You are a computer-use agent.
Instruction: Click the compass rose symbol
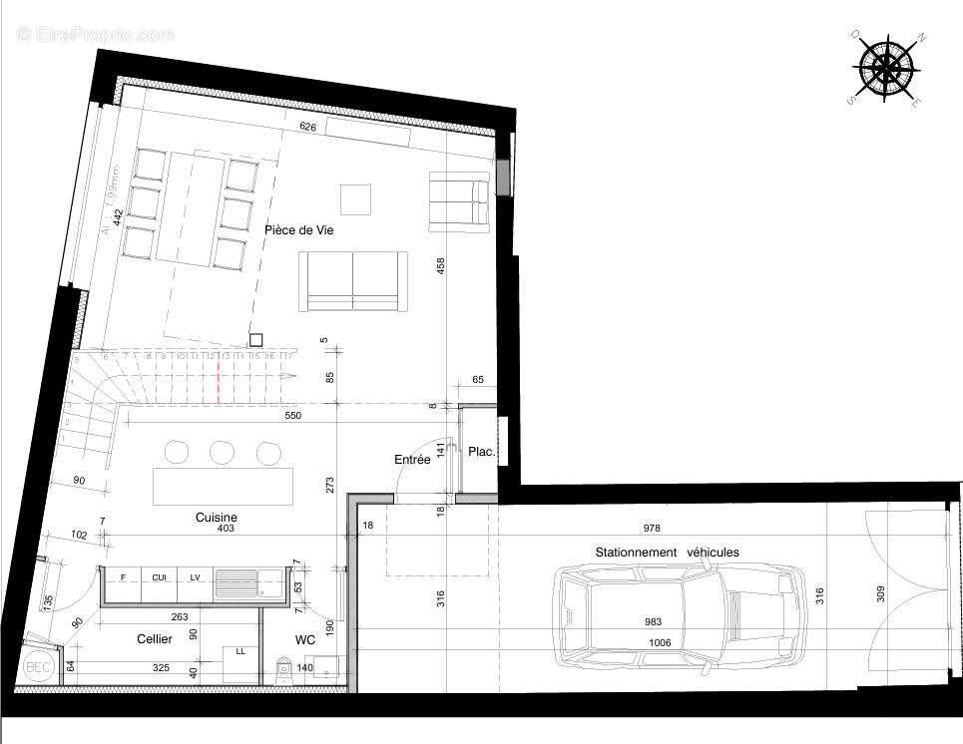[x=885, y=68]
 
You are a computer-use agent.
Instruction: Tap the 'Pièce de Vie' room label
[x=298, y=230]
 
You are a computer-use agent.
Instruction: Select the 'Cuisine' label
[x=216, y=518]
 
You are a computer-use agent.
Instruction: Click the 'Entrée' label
[x=412, y=460]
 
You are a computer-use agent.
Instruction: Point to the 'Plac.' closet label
[x=482, y=452]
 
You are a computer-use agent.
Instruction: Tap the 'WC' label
[x=304, y=638]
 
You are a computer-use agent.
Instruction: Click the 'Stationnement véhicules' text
[x=667, y=552]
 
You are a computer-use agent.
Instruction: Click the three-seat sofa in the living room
[x=353, y=281]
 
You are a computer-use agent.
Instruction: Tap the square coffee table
[x=355, y=198]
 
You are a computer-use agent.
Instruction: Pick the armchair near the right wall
[x=459, y=201]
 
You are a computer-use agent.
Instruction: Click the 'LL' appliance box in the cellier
[x=241, y=662]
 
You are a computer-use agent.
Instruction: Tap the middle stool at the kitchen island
[x=222, y=453]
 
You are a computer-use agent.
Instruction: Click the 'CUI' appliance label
[x=159, y=576]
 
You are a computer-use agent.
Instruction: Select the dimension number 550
[x=292, y=414]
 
